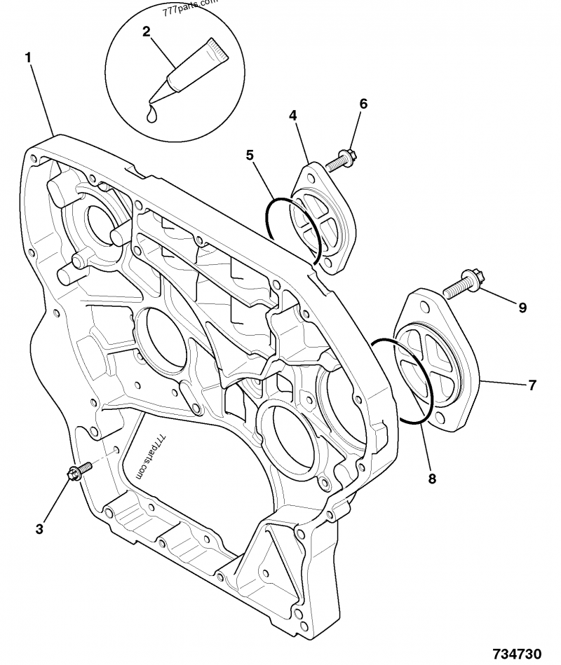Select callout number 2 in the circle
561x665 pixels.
146,31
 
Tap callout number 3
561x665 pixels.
40,528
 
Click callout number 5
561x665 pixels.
250,156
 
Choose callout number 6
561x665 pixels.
363,104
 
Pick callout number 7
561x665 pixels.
532,385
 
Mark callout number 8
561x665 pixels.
431,479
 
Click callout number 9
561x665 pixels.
522,306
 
